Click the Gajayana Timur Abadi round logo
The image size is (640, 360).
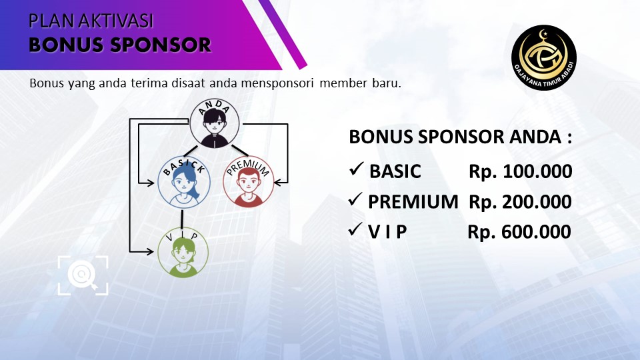coord(544,57)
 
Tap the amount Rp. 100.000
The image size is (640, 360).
coord(521,171)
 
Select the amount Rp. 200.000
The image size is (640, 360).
coord(521,202)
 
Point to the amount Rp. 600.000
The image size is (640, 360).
coord(519,232)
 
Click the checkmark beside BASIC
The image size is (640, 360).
coord(356,169)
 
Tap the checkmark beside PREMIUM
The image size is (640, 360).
coord(355,199)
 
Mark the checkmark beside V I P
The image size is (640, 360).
coord(355,229)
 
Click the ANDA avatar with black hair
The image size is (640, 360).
coord(215,123)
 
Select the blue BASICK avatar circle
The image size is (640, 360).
coord(184,182)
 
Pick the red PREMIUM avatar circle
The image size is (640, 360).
coord(248,181)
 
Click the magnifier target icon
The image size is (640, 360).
coord(83,275)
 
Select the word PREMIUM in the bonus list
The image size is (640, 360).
coord(413,202)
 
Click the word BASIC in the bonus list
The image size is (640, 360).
coord(395,171)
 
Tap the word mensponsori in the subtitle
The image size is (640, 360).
coord(277,83)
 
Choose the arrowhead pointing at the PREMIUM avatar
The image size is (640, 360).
coord(278,183)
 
